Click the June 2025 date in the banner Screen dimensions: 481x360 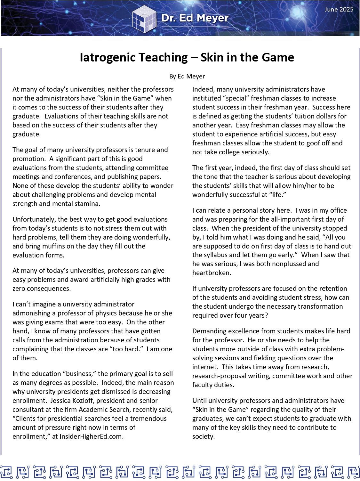click(339, 9)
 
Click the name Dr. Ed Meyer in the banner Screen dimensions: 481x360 click(195, 18)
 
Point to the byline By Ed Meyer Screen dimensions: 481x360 click(187, 76)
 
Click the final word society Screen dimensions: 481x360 click(203, 436)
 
